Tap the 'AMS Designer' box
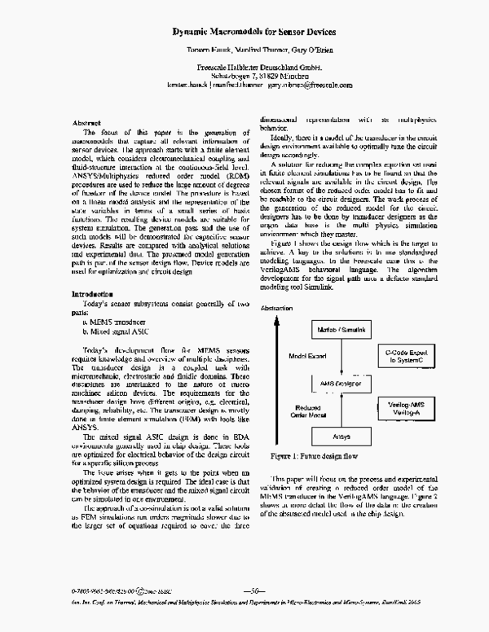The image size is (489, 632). coord(341,404)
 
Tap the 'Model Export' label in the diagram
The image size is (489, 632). coord(309,379)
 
